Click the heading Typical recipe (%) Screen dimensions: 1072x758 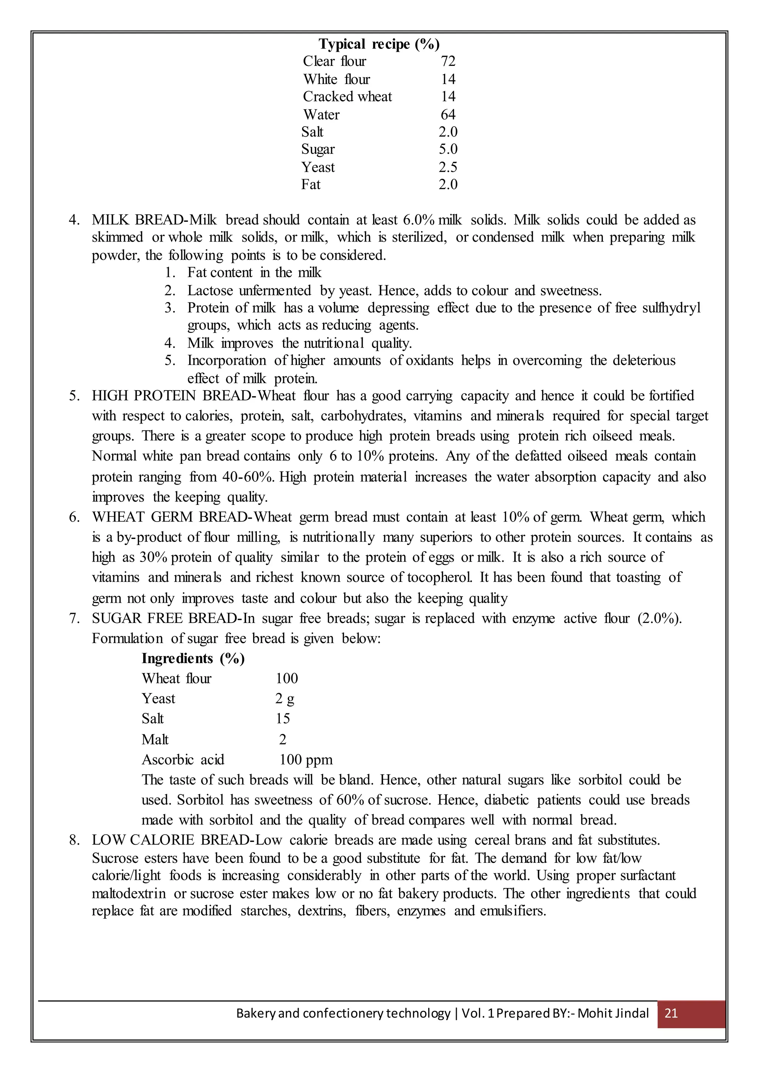379,44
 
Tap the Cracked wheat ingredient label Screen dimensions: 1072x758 347,97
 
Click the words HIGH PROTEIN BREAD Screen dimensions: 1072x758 172,396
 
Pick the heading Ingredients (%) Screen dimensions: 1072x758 193,658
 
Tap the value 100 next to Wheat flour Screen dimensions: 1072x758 286,679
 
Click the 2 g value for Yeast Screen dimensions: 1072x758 285,699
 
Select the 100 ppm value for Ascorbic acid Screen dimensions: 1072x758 306,760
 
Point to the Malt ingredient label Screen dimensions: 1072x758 155,740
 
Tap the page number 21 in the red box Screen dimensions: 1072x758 671,1013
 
